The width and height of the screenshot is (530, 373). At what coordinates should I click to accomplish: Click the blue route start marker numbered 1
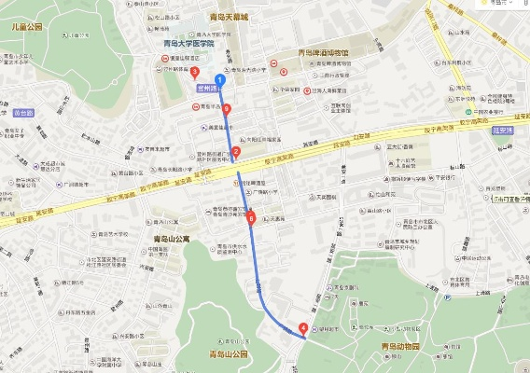point(220,78)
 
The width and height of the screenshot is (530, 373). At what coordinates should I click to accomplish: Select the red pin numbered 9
point(227,109)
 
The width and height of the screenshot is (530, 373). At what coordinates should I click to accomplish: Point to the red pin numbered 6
point(250,218)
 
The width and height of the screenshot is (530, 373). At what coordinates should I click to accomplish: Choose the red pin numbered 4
point(302,327)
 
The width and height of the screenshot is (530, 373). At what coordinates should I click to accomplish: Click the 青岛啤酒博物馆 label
point(324,52)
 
